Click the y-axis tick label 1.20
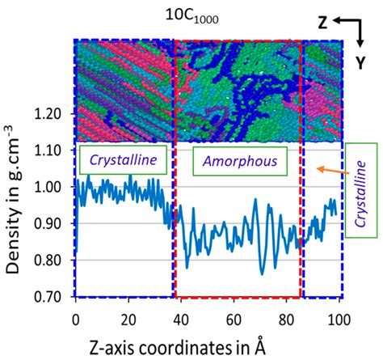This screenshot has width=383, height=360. (52, 114)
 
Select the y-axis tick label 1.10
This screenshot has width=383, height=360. (52, 150)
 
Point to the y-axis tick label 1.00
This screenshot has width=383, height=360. (52, 186)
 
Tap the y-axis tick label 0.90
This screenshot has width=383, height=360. (52, 222)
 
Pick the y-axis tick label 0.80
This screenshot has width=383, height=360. (52, 260)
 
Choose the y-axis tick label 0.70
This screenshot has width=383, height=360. (52, 295)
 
